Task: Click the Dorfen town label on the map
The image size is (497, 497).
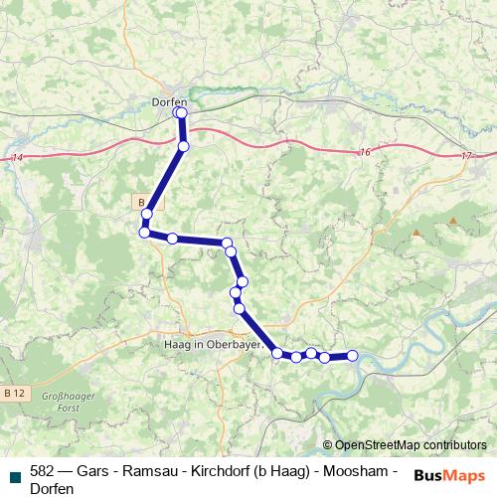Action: coord(169,100)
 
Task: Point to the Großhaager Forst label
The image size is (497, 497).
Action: coord(62,401)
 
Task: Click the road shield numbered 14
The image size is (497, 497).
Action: coord(17,158)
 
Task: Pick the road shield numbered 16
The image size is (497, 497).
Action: coord(365,151)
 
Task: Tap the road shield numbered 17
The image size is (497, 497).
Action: coord(467,157)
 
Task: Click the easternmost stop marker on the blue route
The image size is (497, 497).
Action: coord(352,356)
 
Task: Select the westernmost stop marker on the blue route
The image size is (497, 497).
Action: coord(144,233)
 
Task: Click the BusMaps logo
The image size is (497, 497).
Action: coord(449,475)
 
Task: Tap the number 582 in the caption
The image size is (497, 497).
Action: coord(43,470)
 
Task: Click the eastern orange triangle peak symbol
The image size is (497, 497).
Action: coord(453,220)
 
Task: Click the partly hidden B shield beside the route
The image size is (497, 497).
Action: coord(140,201)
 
